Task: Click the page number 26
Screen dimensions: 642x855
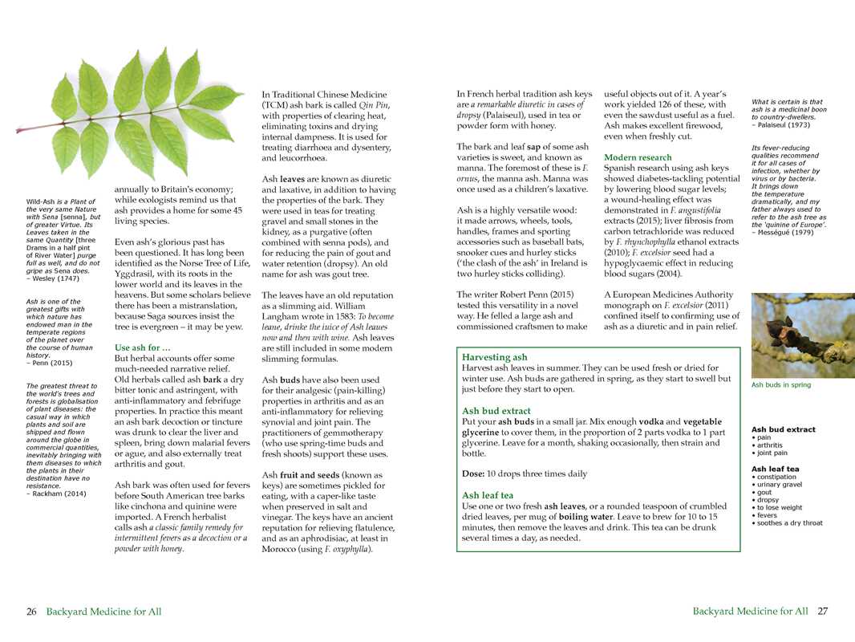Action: click(x=31, y=612)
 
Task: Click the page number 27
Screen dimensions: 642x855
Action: click(x=822, y=612)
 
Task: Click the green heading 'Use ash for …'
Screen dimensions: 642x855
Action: click(x=143, y=347)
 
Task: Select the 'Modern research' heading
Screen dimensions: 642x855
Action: click(x=638, y=157)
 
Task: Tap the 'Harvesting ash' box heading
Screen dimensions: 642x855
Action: click(x=495, y=356)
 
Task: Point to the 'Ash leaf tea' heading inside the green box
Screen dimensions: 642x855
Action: click(x=488, y=495)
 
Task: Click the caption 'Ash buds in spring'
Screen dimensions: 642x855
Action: click(x=780, y=384)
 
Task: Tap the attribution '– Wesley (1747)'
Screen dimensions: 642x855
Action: click(x=53, y=278)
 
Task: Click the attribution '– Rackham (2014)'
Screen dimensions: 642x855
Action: click(x=56, y=493)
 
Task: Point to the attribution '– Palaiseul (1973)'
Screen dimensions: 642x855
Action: click(x=780, y=124)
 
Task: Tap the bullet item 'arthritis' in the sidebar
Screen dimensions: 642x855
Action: click(x=771, y=445)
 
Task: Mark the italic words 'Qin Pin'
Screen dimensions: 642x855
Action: click(x=372, y=105)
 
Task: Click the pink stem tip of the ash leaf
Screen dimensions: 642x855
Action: click(x=19, y=129)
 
